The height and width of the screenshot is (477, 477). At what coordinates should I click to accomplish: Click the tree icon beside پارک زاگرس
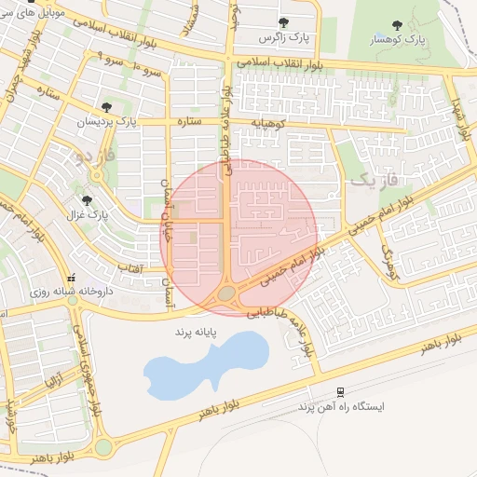(283, 22)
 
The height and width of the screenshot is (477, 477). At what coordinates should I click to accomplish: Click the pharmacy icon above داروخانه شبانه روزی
(72, 277)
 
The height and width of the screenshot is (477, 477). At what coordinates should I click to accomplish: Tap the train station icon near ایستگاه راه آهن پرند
(341, 392)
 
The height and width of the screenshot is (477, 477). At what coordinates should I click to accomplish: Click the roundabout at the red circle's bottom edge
(227, 294)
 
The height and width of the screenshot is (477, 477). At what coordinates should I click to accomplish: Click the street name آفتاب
(129, 268)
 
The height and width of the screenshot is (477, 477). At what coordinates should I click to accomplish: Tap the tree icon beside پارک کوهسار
(398, 25)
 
